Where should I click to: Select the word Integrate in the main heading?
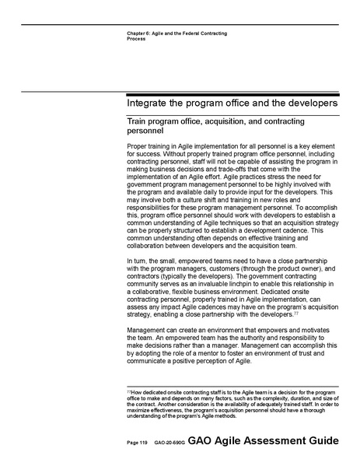(153, 103)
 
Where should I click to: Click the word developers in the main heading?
(306, 103)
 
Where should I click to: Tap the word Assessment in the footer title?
(269, 441)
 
